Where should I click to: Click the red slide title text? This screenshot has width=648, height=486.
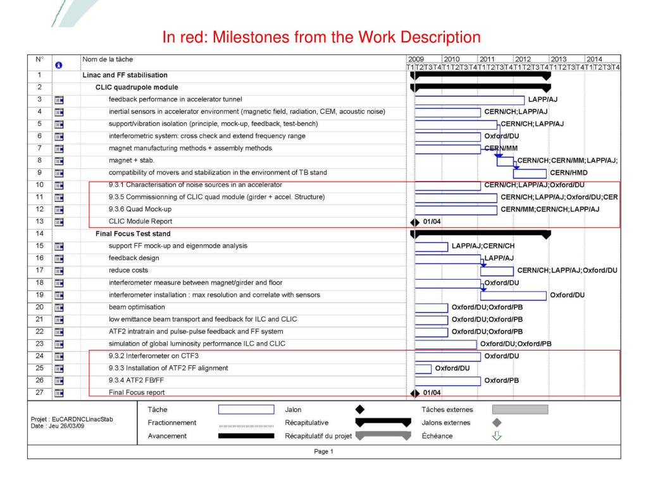click(x=321, y=37)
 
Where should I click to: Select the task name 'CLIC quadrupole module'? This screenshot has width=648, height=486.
click(x=137, y=87)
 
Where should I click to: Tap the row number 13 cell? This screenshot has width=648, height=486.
click(x=39, y=221)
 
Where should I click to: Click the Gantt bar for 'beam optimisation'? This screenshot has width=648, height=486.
click(x=431, y=308)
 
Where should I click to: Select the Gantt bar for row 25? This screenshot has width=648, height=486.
click(x=423, y=368)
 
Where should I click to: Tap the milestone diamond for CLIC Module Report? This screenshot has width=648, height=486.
click(x=415, y=222)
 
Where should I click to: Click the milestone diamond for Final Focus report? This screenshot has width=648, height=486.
click(x=415, y=393)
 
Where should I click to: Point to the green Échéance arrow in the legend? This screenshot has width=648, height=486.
click(x=497, y=435)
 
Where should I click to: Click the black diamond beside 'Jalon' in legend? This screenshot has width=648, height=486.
click(x=360, y=410)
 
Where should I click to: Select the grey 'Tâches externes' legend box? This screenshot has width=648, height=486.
click(x=520, y=410)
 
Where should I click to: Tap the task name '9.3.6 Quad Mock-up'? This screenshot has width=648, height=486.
click(x=140, y=209)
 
